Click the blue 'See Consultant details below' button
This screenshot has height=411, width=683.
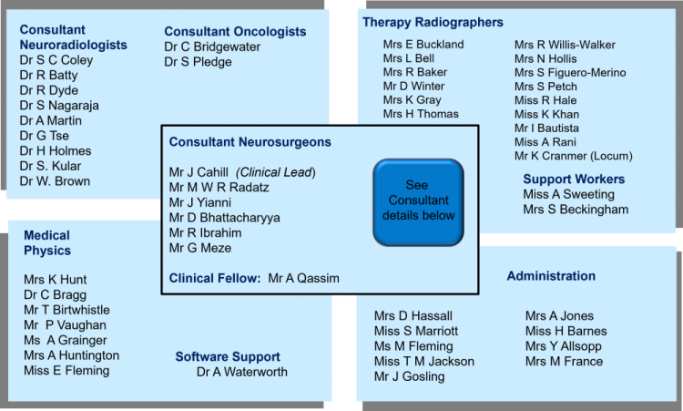[x=418, y=201]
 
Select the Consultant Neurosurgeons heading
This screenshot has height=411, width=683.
[x=250, y=142]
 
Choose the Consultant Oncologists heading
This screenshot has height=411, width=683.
[x=235, y=32]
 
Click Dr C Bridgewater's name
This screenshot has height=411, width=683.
[x=212, y=47]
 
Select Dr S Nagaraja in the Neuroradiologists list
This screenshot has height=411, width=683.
[x=60, y=106]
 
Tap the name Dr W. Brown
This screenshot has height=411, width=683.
[x=56, y=180]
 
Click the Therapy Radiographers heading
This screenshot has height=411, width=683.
[x=433, y=22]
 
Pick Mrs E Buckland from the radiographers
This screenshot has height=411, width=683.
[x=423, y=44]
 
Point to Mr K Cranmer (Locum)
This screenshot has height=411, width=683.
[x=573, y=156]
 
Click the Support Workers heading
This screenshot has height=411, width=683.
[x=574, y=179]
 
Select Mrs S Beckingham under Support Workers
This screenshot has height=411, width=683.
[x=576, y=210]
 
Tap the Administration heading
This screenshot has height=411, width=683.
[x=551, y=276]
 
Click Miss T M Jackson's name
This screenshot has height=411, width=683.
[x=423, y=362]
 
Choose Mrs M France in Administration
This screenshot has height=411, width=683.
[x=564, y=362]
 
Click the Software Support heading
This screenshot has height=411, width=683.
[x=227, y=356]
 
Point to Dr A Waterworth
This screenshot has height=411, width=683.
[x=241, y=372]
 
